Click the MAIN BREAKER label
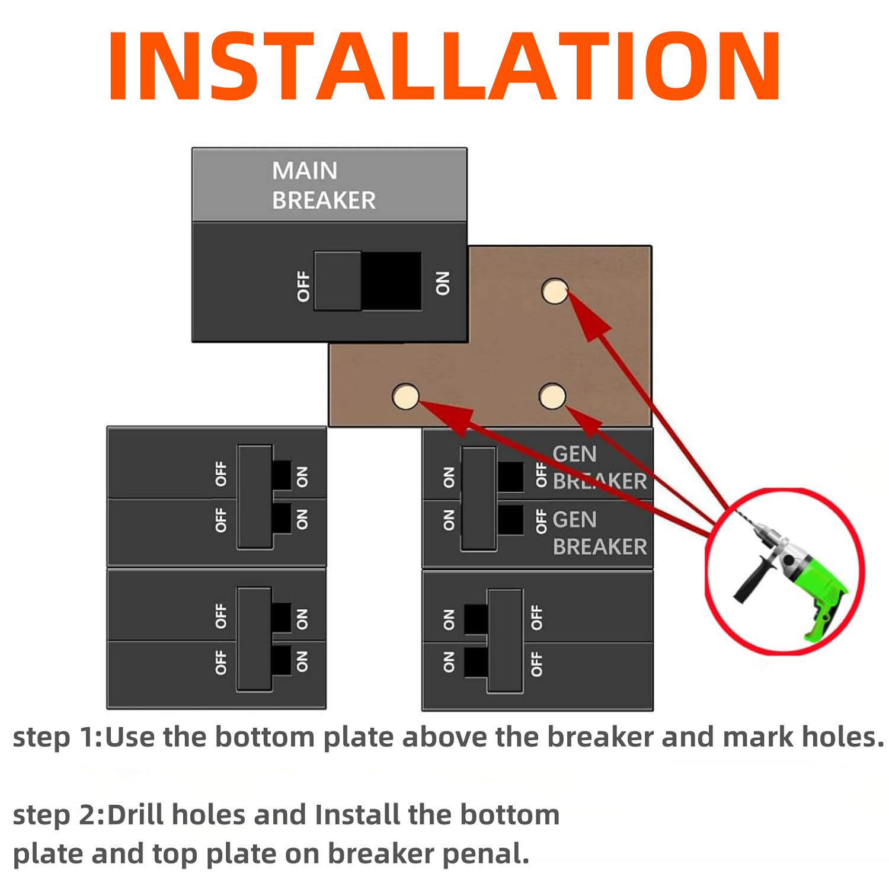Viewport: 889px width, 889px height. [x=324, y=186]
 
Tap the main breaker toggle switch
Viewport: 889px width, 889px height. [x=367, y=281]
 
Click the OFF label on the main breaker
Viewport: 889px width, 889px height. [x=303, y=286]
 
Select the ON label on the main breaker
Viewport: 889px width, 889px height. [x=443, y=283]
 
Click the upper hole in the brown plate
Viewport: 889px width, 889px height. [x=555, y=291]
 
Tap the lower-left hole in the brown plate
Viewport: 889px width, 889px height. [x=406, y=396]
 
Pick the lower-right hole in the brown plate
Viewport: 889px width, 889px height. [x=552, y=396]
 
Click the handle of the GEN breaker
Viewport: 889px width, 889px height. [x=479, y=499]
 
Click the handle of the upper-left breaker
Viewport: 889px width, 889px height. [x=255, y=497]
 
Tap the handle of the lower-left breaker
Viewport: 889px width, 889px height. [x=254, y=639]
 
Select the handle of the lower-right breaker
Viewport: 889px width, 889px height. [x=505, y=641]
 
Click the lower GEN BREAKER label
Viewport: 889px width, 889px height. [x=600, y=533]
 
